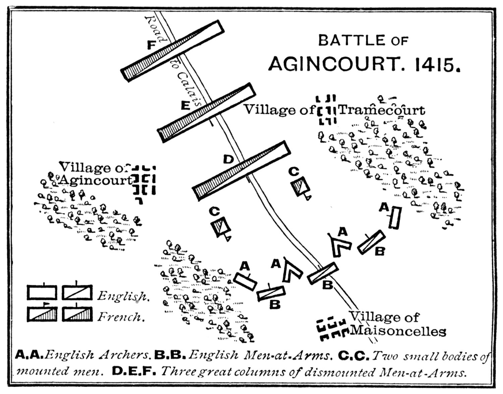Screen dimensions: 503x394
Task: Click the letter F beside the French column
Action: point(151,45)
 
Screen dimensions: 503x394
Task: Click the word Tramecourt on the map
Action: point(382,110)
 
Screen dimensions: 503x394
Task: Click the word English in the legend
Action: point(122,296)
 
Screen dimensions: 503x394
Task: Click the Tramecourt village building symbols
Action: point(326,109)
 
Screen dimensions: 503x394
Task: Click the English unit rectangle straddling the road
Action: point(323,273)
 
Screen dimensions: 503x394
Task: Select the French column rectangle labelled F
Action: point(172,51)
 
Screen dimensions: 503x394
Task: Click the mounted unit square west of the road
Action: point(221,228)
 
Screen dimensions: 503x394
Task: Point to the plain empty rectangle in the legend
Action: point(42,292)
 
